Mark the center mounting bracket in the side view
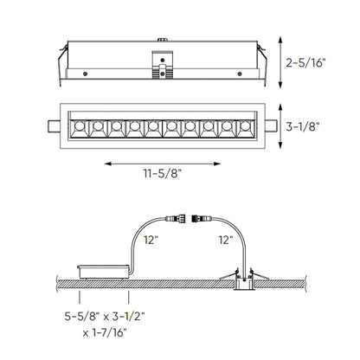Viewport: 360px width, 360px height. tap(161, 61)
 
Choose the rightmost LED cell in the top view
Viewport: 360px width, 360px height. tap(244, 126)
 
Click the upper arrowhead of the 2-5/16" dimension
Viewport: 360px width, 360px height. tap(287, 40)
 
